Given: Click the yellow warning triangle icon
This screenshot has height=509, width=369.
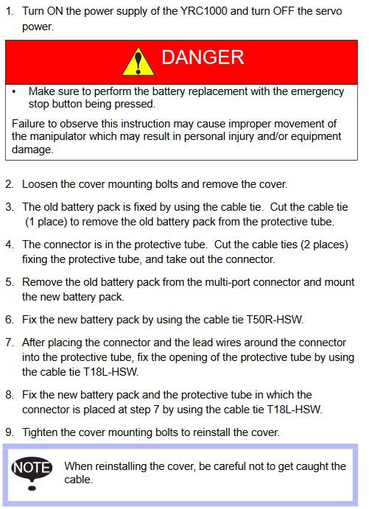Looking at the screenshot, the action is [x=138, y=62].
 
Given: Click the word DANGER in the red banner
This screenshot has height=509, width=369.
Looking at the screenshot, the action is [x=203, y=57].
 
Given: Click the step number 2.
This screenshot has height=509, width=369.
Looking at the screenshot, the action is [x=9, y=184].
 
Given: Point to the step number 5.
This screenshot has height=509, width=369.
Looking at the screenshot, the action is [x=9, y=282].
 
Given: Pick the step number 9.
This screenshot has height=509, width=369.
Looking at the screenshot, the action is [x=9, y=432].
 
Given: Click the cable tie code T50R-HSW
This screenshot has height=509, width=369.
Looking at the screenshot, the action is [x=275, y=320].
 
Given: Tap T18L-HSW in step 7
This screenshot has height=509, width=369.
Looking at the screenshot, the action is [x=111, y=372].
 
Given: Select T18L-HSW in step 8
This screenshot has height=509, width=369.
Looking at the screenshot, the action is [x=295, y=410].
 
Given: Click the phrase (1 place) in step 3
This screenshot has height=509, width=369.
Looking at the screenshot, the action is [x=46, y=222].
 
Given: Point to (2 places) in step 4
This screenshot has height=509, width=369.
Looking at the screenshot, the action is [x=325, y=245].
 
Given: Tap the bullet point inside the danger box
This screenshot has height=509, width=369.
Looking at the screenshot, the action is [x=14, y=92].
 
